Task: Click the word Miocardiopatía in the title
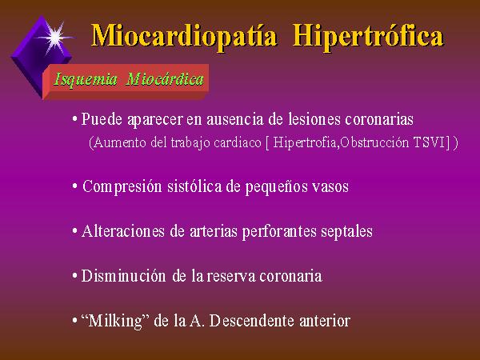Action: click(x=184, y=37)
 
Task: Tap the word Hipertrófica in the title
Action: click(x=368, y=37)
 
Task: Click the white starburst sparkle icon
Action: click(x=55, y=38)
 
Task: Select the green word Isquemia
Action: click(x=86, y=79)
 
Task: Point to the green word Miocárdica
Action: click(x=165, y=79)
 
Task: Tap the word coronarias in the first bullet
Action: click(x=379, y=118)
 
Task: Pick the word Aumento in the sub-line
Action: click(x=120, y=142)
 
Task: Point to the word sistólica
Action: click(x=194, y=186)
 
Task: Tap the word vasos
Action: click(x=330, y=186)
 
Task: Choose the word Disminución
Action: click(x=124, y=276)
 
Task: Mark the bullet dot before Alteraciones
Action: click(x=74, y=231)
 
